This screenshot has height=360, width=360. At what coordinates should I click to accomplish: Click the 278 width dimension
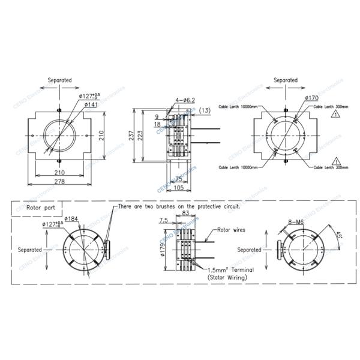(x=60, y=182)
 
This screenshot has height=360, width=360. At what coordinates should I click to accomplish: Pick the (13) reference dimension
(x=205, y=111)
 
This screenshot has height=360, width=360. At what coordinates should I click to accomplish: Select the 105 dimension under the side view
(x=179, y=187)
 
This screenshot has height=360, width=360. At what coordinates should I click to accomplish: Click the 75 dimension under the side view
(x=178, y=179)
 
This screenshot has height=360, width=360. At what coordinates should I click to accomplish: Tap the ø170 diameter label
(x=311, y=98)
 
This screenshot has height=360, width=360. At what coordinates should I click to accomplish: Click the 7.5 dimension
(x=164, y=221)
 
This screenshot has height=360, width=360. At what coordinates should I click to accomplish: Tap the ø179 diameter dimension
(x=163, y=249)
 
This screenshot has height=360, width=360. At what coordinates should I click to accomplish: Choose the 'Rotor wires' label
(x=231, y=229)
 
